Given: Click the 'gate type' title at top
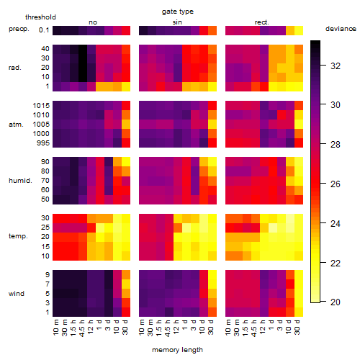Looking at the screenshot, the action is pyautogui.click(x=178, y=12).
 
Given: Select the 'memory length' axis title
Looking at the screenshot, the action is pyautogui.click(x=177, y=350).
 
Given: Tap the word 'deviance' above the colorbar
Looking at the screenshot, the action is pyautogui.click(x=341, y=29).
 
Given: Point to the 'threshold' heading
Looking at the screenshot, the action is pyautogui.click(x=40, y=17).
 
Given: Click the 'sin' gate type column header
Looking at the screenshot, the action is pyautogui.click(x=177, y=22).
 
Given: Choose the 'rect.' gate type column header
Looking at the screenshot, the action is pyautogui.click(x=261, y=22).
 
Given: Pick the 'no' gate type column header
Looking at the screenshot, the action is pyautogui.click(x=93, y=22).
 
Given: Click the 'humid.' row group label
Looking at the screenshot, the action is pyautogui.click(x=20, y=181).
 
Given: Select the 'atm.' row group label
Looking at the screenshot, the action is pyautogui.click(x=16, y=125).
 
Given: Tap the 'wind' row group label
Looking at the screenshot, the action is pyautogui.click(x=17, y=294).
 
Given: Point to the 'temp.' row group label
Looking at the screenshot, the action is pyautogui.click(x=18, y=236).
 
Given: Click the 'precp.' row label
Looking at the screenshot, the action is pyautogui.click(x=19, y=29).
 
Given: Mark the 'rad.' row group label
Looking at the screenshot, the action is pyautogui.click(x=14, y=68).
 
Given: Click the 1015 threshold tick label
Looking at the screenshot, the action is pyautogui.click(x=41, y=106).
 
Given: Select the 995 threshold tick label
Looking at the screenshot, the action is pyautogui.click(x=43, y=143).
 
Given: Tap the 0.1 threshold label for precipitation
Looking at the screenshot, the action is pyautogui.click(x=44, y=30).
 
